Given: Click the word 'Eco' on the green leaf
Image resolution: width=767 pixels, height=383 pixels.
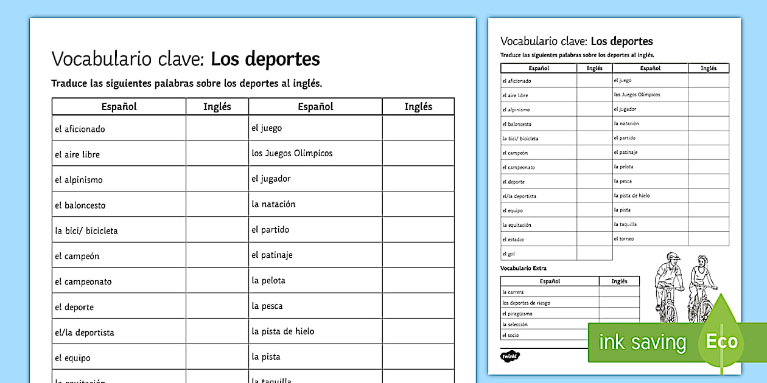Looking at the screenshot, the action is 721,341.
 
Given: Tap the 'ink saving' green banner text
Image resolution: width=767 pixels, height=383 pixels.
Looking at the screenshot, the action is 642,343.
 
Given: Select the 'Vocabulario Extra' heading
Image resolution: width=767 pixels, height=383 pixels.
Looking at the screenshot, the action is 524,268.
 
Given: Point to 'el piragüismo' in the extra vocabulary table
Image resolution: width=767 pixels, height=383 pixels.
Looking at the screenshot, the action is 517,314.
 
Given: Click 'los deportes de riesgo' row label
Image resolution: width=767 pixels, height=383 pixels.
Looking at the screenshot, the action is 526,303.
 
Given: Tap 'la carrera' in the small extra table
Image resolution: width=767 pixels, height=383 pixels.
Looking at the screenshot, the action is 513,292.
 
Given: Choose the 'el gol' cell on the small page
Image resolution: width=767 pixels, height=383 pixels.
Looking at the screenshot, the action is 508,254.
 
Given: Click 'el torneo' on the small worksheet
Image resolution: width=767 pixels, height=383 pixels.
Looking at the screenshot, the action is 623,239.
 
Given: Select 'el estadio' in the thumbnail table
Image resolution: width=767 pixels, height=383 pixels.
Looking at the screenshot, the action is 513,240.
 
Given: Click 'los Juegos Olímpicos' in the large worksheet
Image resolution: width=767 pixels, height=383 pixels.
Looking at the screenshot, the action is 292,153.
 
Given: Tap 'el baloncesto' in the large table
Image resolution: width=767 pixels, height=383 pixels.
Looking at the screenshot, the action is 80,205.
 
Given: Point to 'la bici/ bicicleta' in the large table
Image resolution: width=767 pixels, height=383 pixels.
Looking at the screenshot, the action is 86,231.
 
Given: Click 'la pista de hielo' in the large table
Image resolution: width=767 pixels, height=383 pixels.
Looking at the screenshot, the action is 283,331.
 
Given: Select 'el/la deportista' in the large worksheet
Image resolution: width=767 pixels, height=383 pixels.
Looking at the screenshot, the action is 84,333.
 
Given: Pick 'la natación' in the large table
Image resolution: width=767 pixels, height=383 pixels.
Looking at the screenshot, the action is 273,204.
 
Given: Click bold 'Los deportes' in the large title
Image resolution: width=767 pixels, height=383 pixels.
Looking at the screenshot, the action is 265,60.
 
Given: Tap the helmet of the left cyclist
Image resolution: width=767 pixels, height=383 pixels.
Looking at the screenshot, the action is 671,258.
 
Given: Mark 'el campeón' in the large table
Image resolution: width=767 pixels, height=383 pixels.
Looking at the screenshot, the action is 77,257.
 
